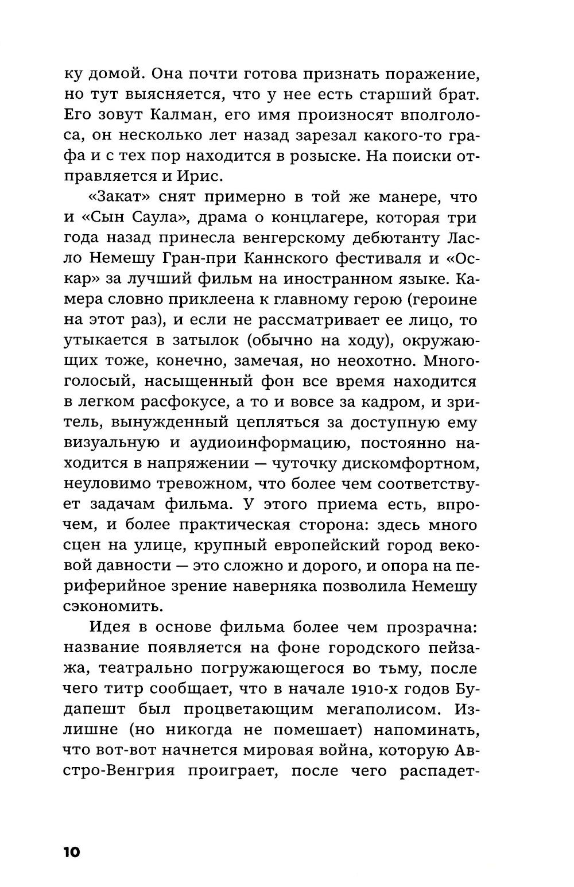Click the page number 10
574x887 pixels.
(x=72, y=851)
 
